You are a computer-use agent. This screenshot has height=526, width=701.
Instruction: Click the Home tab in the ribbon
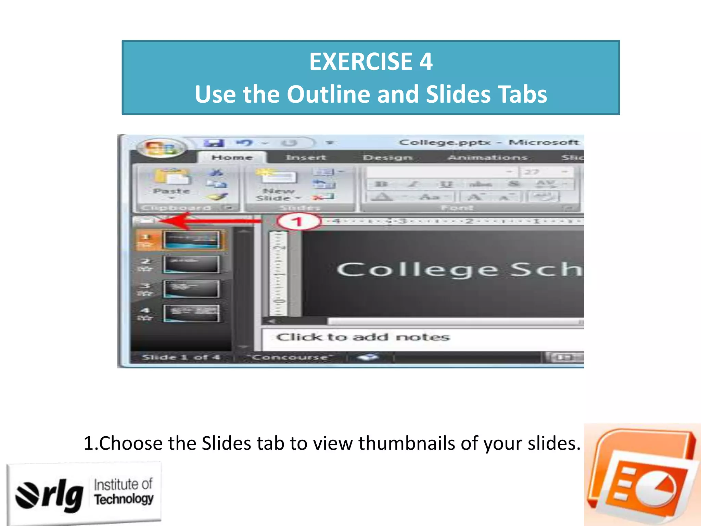click(x=232, y=158)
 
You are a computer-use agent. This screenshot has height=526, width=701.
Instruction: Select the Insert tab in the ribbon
click(x=306, y=158)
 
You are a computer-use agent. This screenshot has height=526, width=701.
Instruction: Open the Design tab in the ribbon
click(x=387, y=158)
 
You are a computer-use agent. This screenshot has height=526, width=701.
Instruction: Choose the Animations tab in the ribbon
click(x=487, y=158)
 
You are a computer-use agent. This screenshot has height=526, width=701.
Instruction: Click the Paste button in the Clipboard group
click(x=171, y=181)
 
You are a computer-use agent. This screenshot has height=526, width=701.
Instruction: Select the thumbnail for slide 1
click(x=191, y=239)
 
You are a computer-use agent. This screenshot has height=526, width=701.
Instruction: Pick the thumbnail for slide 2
click(x=191, y=264)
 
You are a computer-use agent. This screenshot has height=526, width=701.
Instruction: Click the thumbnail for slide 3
click(x=191, y=289)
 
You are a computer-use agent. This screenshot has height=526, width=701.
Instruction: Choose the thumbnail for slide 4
click(x=191, y=313)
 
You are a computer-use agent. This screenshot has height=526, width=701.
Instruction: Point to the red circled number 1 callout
click(x=299, y=222)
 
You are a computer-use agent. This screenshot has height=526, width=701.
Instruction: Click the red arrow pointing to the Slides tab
click(x=212, y=221)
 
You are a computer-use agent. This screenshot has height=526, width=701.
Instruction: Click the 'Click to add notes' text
click(x=363, y=337)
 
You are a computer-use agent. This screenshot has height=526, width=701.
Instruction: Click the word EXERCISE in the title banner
click(x=361, y=62)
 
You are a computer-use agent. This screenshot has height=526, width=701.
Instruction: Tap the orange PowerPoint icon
click(x=642, y=474)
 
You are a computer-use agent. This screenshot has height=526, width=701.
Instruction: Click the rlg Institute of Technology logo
click(x=84, y=493)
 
